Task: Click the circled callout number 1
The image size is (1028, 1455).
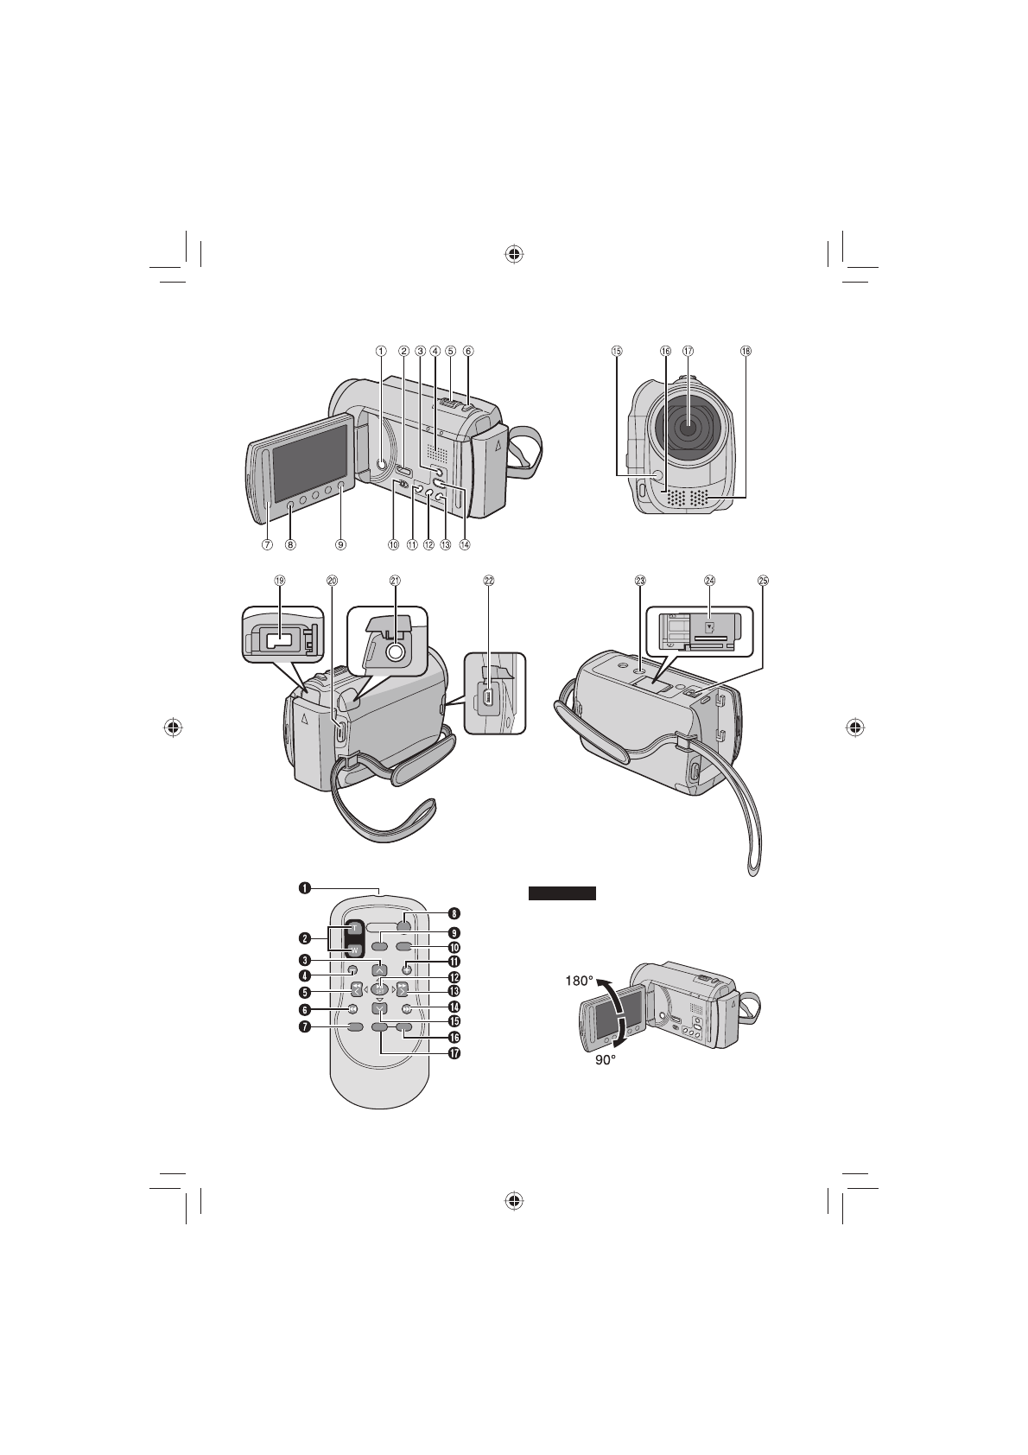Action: (x=380, y=351)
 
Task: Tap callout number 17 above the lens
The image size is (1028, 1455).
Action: (x=688, y=351)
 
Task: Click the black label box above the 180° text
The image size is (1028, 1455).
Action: (x=562, y=893)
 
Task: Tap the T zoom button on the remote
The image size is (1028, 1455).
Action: (x=353, y=927)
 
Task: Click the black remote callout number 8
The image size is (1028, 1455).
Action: (x=453, y=912)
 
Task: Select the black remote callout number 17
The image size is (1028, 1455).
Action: (x=453, y=1054)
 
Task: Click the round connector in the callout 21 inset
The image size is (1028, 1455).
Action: (x=395, y=652)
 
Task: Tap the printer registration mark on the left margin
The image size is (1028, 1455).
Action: (x=174, y=727)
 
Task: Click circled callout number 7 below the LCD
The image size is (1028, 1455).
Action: (x=268, y=544)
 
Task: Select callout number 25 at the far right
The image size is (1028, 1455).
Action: (x=763, y=581)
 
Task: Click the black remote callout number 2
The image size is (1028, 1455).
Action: (x=305, y=938)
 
